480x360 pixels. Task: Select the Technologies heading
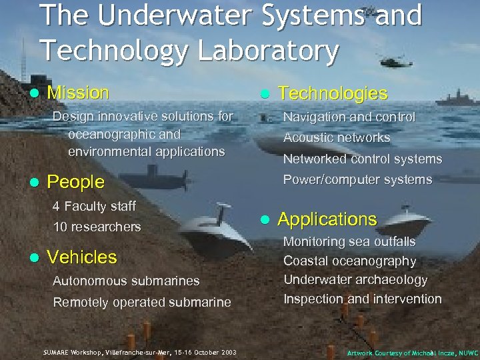point(323,93)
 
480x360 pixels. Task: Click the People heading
point(76,181)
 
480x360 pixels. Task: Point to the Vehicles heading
point(82,257)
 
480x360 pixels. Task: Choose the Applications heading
point(327,219)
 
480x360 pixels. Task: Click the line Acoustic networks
point(337,138)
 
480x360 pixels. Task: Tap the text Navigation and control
point(349,117)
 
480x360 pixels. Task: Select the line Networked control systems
point(363,159)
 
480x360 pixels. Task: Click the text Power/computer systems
point(357,179)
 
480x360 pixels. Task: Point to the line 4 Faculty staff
point(94,205)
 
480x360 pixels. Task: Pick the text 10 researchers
point(97,227)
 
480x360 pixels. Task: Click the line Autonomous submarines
point(126,281)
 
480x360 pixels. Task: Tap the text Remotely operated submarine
point(142,302)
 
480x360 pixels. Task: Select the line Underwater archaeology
point(355,279)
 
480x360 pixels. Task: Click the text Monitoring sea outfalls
point(349,241)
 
